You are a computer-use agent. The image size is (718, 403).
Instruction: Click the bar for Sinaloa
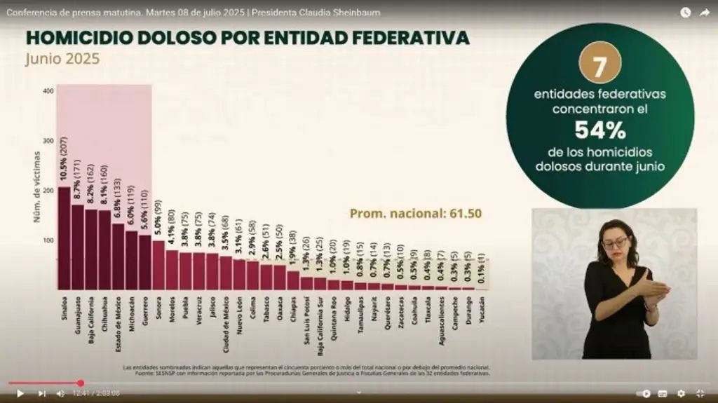coord(64,238)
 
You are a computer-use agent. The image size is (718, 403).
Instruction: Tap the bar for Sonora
coord(158,266)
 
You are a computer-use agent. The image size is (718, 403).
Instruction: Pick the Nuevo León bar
coord(239,275)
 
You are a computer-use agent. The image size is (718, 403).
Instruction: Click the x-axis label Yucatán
coord(482,308)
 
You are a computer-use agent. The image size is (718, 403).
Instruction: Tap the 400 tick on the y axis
coord(48,91)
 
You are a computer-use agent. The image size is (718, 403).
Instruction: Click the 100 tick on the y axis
coord(48,240)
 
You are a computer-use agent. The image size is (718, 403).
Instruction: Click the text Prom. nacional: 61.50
coord(416,214)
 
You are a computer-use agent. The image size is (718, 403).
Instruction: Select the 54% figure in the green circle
coord(600,130)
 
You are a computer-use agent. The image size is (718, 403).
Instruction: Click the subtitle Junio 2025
coord(62,60)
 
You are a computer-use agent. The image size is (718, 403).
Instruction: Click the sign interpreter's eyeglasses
coord(615,243)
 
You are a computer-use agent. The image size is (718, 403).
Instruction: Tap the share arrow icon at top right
coord(704,13)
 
